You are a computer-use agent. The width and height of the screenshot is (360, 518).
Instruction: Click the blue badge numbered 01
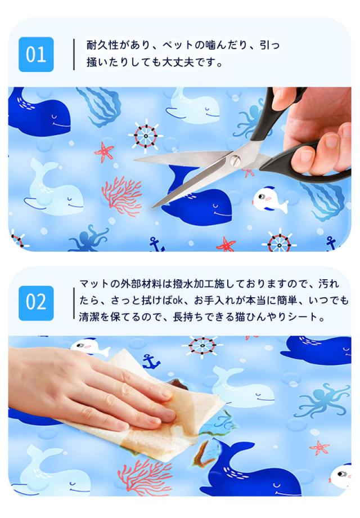click(36, 55)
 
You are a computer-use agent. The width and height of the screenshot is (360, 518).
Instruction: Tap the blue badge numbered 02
click(36, 303)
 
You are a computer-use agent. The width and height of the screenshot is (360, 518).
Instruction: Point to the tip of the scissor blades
click(154, 207)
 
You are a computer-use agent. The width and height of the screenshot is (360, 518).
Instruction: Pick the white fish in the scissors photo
click(269, 200)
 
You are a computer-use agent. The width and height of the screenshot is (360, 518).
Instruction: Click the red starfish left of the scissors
click(104, 151)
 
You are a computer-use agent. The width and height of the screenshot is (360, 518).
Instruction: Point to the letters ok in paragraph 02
click(178, 301)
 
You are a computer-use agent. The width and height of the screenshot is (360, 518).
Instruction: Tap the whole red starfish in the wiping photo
click(319, 448)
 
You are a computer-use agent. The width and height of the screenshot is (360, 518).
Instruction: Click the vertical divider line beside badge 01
click(74, 55)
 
